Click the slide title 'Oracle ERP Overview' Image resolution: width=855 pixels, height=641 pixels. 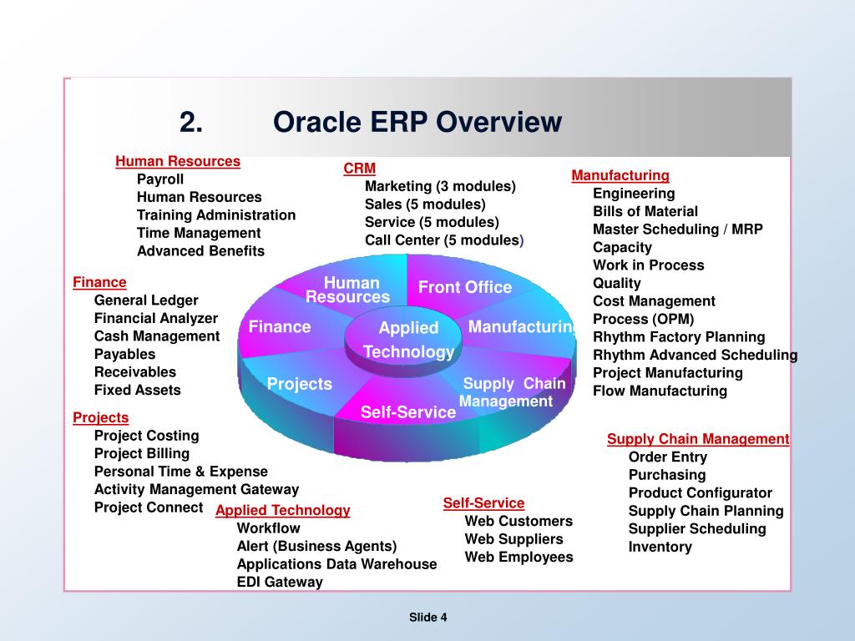point(417,122)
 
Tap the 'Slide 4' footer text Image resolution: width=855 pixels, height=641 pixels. point(428,617)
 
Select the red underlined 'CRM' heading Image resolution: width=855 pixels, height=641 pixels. point(359,169)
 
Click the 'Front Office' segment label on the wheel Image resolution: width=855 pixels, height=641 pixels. point(464,287)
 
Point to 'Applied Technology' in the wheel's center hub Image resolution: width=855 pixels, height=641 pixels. point(408,339)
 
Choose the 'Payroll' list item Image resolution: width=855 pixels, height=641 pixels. point(160,179)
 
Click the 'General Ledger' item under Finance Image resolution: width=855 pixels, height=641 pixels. point(146,300)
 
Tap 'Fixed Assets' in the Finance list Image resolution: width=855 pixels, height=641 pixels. point(138,391)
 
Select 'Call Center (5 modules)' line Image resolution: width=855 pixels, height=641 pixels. point(444,240)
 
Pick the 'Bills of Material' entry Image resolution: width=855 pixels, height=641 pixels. point(645,211)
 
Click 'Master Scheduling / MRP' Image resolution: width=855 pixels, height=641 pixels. point(678,230)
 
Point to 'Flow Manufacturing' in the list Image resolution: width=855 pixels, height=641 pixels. point(660,391)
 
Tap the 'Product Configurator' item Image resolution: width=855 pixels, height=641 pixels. point(701,492)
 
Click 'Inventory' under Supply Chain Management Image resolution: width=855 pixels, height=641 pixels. point(660,547)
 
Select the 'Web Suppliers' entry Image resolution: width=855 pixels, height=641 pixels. point(514,539)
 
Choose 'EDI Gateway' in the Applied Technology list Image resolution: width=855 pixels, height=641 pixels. point(280,582)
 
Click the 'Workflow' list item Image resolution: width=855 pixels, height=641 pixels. point(268,528)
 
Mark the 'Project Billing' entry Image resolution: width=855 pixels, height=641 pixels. point(142,453)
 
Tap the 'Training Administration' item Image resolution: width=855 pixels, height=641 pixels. point(216,215)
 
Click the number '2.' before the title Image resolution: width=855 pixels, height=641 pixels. point(191,122)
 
